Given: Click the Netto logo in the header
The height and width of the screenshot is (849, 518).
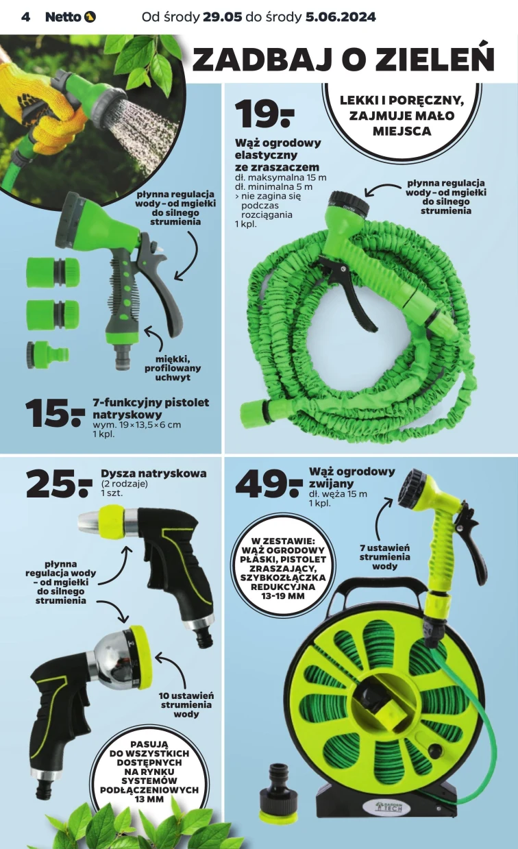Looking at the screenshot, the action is coord(70,17).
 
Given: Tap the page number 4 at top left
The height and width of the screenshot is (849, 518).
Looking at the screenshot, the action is coord(25,17).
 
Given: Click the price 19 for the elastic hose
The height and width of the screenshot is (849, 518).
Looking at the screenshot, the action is coord(264,114).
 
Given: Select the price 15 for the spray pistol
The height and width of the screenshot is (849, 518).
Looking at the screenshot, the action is coord(55,413).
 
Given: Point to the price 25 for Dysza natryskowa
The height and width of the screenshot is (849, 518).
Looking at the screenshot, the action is coord(59,483).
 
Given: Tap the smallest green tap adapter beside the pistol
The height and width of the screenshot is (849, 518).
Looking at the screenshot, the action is coord(48,354).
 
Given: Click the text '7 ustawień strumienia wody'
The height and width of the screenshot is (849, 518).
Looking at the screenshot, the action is coord(384,557).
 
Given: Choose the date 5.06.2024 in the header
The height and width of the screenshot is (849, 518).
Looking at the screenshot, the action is coord(341,17).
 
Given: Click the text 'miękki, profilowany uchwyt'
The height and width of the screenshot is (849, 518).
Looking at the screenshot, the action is coord(173,368).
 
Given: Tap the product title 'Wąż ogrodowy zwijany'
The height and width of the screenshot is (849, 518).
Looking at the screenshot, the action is coord(352,477).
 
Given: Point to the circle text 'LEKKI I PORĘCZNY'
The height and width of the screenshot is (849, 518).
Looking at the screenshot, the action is coord(402,101).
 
